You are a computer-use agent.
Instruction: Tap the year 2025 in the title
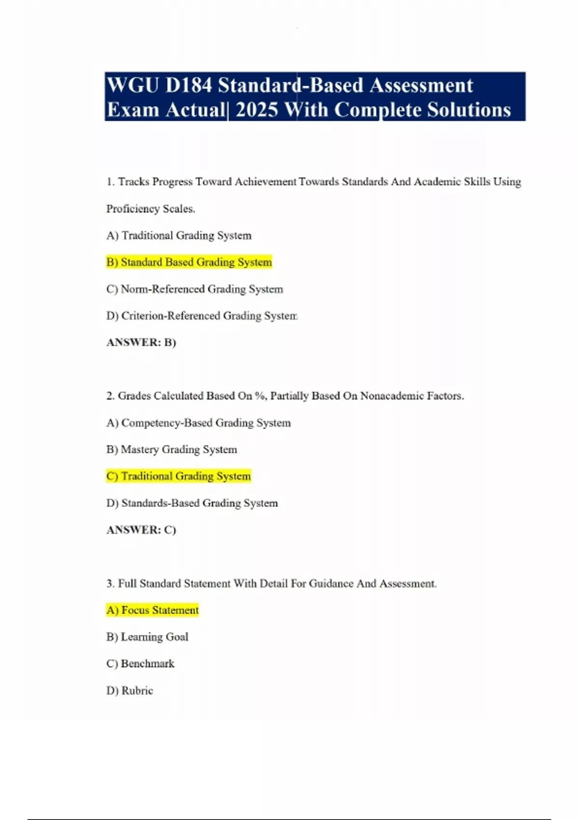point(257,110)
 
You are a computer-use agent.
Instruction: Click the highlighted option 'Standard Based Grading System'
point(189,262)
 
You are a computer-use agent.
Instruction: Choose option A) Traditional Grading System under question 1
point(179,235)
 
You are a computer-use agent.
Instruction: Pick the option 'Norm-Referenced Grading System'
point(194,289)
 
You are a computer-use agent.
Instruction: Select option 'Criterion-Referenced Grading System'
point(202,315)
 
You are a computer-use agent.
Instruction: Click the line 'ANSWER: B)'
point(141,342)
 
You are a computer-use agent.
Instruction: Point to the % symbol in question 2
point(260,396)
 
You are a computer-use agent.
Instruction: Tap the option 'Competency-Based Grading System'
point(198,423)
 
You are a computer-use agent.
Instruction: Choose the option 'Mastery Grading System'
point(172,450)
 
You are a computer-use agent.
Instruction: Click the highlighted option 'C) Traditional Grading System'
point(179,476)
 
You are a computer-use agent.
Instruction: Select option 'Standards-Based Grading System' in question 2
point(192,503)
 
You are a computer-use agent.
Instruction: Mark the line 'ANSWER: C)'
point(141,530)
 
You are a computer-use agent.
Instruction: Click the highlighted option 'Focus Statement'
point(152,610)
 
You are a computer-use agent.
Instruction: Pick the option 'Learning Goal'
point(147,637)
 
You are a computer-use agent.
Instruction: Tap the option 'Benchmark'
point(140,664)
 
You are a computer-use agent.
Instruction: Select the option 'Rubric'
point(130,690)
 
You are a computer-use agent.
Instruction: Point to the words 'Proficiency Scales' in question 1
point(150,209)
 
